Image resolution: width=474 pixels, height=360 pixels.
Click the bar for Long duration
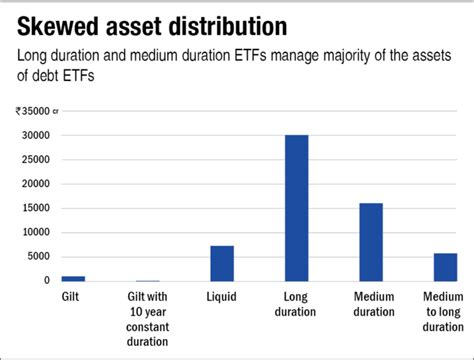tap(296, 208)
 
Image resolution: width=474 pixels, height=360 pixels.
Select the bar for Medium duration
tap(371, 242)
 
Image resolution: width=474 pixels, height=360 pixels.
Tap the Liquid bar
tap(222, 263)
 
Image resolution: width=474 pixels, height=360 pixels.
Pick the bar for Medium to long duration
tap(445, 267)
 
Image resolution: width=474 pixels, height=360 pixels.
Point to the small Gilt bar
tap(73, 278)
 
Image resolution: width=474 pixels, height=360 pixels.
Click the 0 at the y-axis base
tap(46, 281)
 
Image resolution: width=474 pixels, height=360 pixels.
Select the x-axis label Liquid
tap(222, 298)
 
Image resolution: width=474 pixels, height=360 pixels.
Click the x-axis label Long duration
tap(296, 305)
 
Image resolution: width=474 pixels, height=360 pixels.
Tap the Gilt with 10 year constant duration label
tap(147, 312)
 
